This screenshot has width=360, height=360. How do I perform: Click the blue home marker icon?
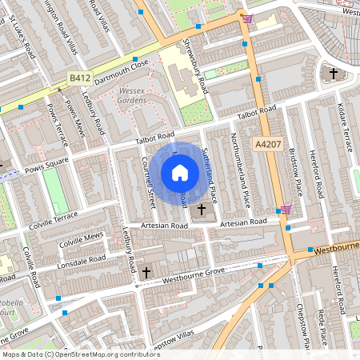coord(180,172)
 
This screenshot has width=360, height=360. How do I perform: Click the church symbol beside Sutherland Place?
coord(201,210)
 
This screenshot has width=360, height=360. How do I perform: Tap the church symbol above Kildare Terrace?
coord(334,74)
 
